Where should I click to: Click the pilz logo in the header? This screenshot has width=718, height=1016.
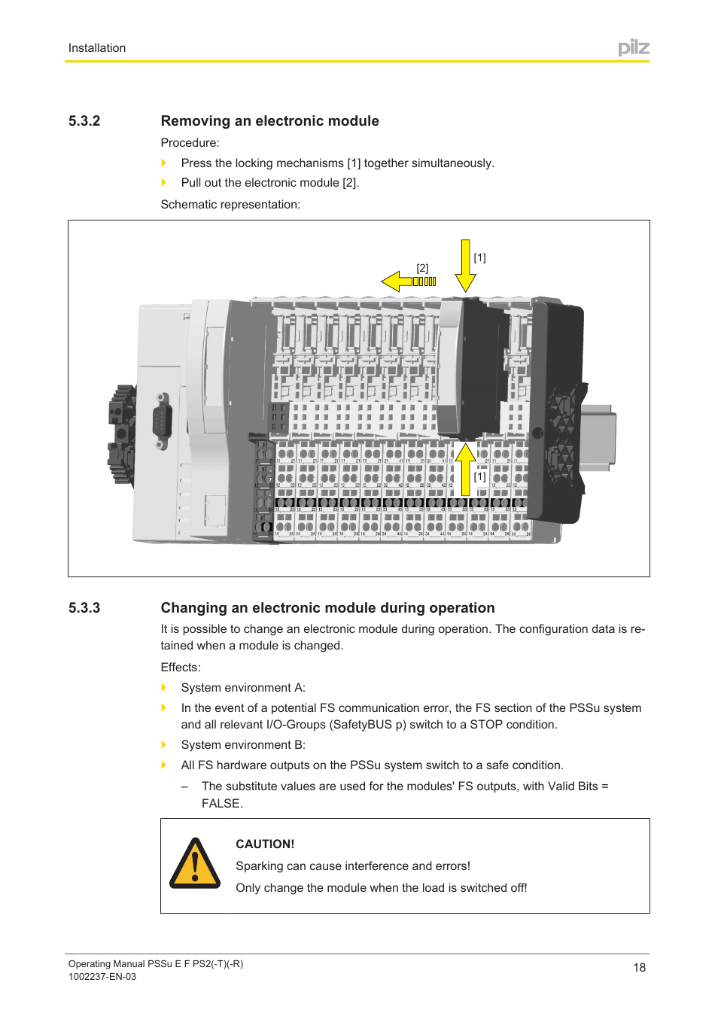coord(634,48)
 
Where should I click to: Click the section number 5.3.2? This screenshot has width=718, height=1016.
coord(84,121)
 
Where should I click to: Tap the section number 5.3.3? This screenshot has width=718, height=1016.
coord(84,608)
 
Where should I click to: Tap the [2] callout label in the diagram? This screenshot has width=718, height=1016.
coord(423,268)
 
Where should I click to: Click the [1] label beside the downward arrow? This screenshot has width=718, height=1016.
coord(480,257)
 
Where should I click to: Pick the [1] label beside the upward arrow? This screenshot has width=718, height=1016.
coord(480,476)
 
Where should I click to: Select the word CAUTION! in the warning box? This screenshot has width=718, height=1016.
coord(265,844)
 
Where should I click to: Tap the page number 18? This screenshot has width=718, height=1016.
coord(639,968)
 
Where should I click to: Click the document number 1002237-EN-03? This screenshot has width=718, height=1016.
coord(102,977)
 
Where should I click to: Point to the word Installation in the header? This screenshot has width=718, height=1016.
coord(97,48)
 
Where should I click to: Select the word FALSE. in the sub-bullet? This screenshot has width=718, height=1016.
coord(222,804)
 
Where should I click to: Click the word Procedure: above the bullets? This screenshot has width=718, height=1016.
coord(190,143)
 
